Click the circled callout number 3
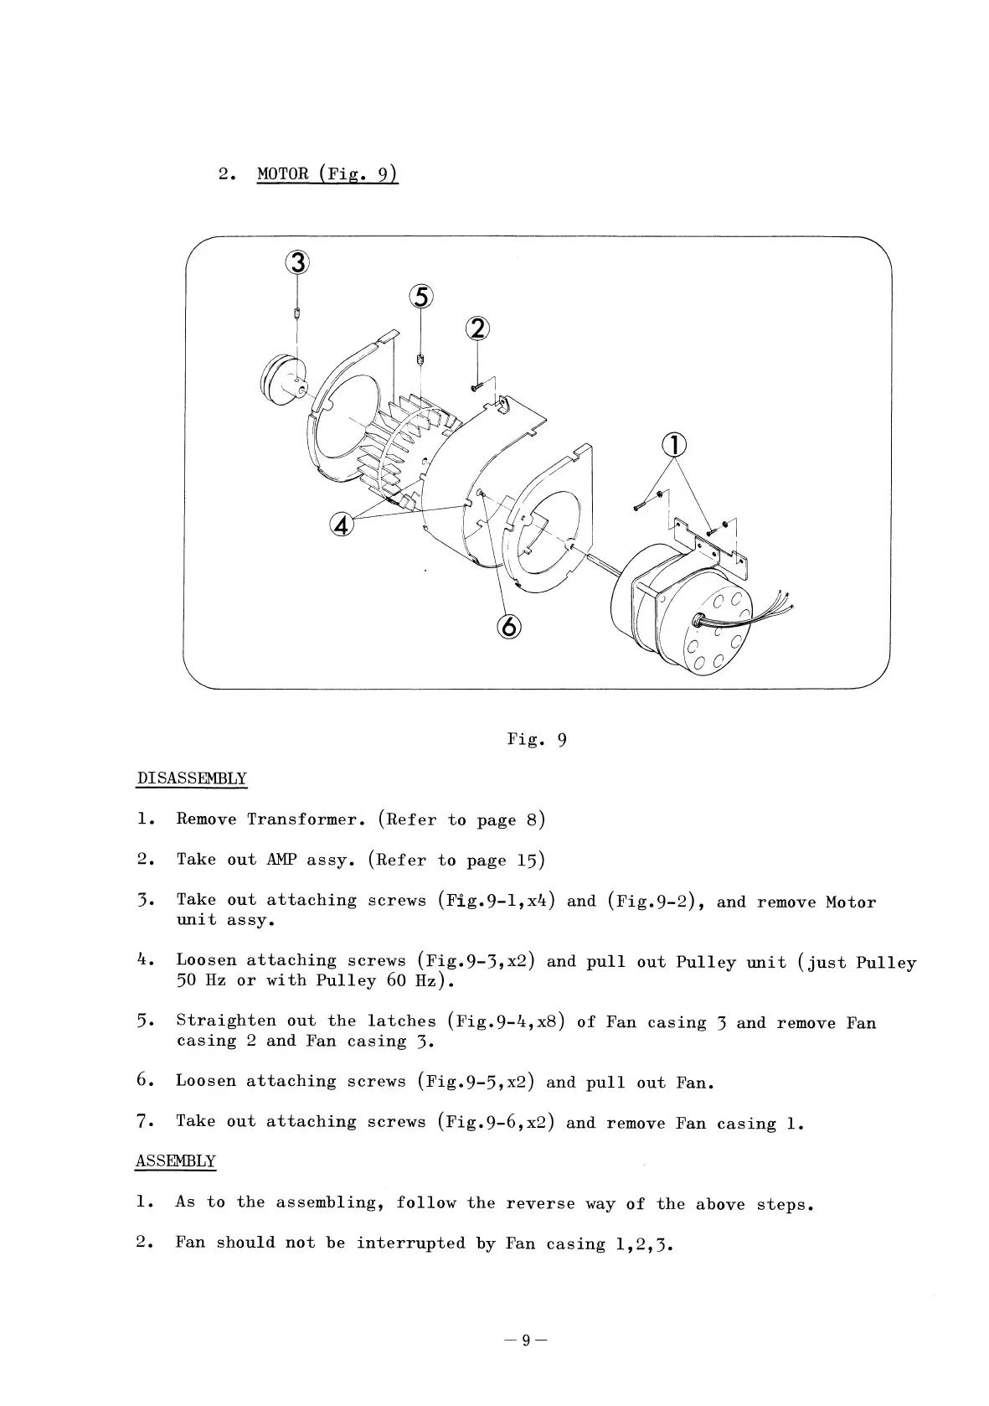coord(297,263)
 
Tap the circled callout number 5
coord(421,297)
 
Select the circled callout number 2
coord(477,329)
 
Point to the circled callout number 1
coord(674,445)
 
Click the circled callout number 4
coord(343,525)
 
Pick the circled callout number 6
coord(509,626)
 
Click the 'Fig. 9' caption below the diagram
coord(537,739)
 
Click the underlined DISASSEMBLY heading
coord(191,778)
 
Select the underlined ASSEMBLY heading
coord(176,1161)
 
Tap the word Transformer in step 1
coord(306,819)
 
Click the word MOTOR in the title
coord(283,174)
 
